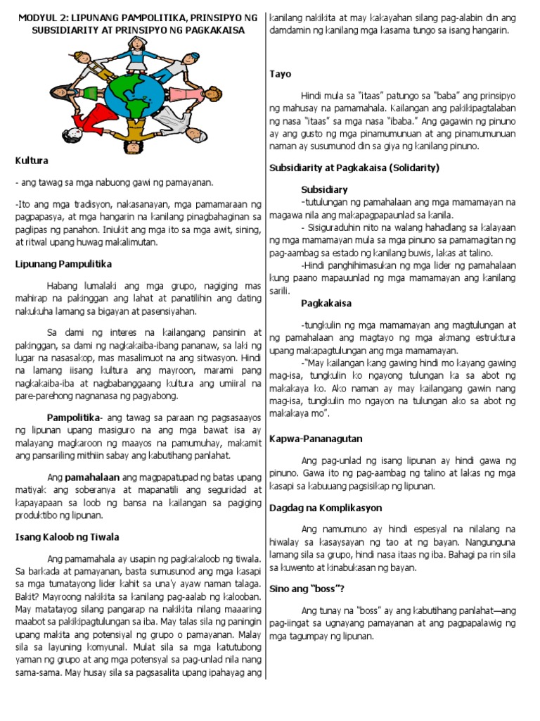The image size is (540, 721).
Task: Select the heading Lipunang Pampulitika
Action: (x=64, y=264)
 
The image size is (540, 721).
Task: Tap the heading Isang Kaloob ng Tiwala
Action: (x=67, y=537)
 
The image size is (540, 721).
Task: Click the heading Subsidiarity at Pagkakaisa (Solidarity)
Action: (x=354, y=168)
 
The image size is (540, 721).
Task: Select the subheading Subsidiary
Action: (x=324, y=189)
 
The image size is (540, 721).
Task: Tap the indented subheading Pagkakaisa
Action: (x=326, y=303)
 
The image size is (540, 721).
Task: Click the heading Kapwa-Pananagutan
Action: (x=316, y=439)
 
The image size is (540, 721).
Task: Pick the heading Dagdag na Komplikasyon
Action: (x=326, y=507)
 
